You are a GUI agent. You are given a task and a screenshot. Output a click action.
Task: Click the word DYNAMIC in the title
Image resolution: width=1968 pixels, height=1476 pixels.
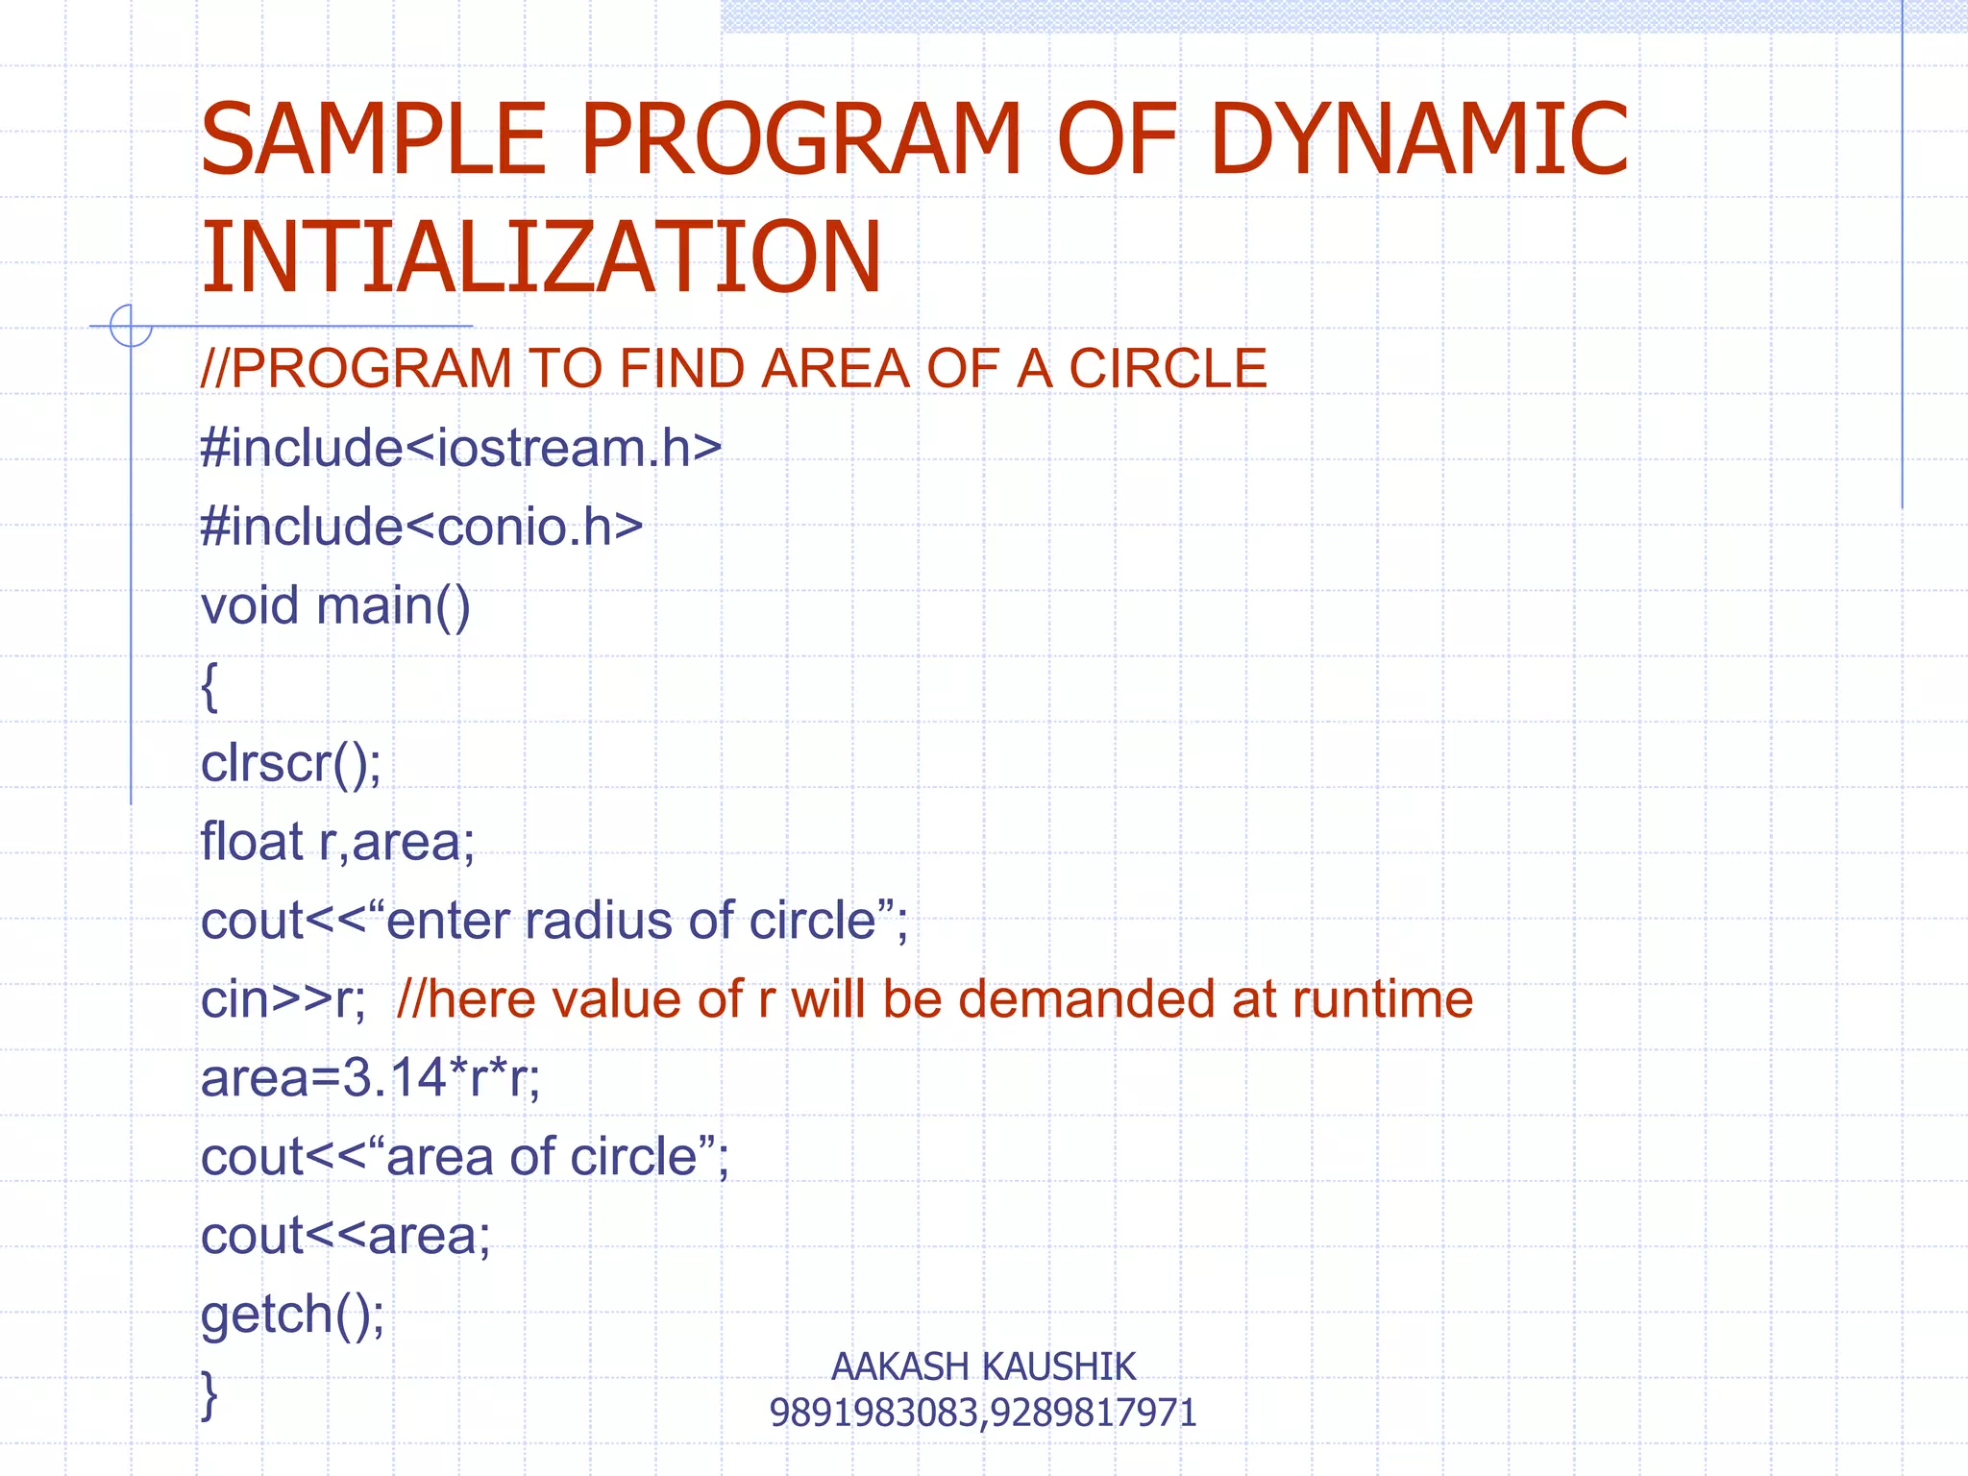click(x=1419, y=140)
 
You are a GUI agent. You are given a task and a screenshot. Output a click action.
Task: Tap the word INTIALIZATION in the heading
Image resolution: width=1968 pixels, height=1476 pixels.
click(x=540, y=258)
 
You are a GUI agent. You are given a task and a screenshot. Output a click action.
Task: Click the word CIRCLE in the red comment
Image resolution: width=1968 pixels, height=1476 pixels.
click(x=1168, y=369)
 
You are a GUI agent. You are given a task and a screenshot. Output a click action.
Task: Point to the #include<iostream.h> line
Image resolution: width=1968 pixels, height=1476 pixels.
click(x=461, y=449)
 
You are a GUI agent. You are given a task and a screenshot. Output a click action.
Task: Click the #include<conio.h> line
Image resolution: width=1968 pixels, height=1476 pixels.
click(x=422, y=528)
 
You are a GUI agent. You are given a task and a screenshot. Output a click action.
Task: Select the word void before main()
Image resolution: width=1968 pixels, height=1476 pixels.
click(x=250, y=606)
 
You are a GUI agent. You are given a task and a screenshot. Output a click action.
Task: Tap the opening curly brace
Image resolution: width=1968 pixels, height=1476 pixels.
click(x=209, y=686)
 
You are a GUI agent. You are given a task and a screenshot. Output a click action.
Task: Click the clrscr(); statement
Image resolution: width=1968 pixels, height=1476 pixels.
click(x=291, y=764)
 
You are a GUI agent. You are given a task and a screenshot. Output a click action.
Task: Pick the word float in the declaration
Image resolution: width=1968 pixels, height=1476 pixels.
click(x=252, y=843)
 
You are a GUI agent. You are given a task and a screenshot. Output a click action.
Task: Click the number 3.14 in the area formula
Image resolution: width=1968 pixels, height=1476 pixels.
click(x=394, y=1078)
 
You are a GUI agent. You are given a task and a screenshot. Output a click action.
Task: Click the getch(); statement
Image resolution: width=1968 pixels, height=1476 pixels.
click(x=293, y=1315)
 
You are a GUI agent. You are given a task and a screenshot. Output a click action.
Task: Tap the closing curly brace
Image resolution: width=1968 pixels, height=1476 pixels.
click(x=209, y=1395)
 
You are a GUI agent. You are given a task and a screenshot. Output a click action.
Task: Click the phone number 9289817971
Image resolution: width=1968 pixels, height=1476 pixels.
click(x=1094, y=1413)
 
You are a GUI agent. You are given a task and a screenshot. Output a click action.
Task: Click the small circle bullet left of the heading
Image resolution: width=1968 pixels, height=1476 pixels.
click(x=131, y=326)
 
